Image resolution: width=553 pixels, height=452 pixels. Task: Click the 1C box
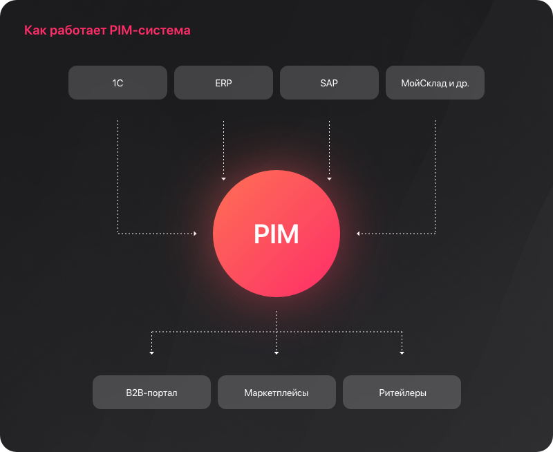tap(118, 82)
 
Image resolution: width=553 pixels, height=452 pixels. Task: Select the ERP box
tap(223, 82)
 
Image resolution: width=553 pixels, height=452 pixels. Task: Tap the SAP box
tap(330, 82)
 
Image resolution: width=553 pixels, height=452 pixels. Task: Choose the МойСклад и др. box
tap(435, 82)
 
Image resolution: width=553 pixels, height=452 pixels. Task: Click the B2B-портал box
tap(151, 392)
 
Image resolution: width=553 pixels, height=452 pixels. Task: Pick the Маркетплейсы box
tap(277, 392)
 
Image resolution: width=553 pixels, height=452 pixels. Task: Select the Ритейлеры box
tap(402, 392)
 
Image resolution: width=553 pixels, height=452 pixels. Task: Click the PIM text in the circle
tap(276, 234)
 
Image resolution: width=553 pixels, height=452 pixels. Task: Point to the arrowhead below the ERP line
tap(223, 179)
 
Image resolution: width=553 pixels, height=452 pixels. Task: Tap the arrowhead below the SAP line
tap(330, 179)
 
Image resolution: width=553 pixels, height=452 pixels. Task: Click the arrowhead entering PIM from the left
tap(195, 234)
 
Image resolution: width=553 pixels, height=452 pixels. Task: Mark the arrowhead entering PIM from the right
tap(358, 234)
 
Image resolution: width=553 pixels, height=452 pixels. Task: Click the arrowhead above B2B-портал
tap(151, 353)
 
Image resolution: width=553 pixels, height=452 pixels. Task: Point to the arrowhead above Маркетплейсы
tap(276, 353)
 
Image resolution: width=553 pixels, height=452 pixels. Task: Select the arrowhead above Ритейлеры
tap(402, 353)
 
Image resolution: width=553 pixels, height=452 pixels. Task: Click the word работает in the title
tap(78, 30)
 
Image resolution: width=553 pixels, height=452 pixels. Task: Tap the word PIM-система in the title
tap(150, 30)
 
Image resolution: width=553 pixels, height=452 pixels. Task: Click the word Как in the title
tap(35, 30)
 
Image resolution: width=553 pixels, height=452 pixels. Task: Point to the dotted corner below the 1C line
tap(118, 234)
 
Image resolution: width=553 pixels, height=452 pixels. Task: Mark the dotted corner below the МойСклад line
tap(435, 234)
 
